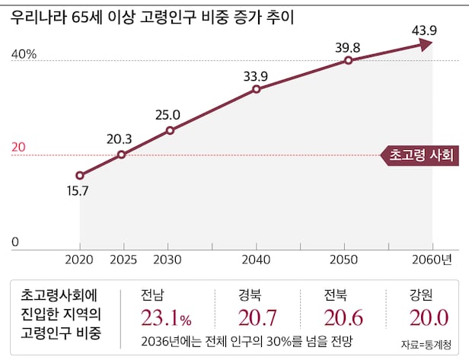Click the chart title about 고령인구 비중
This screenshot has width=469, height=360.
152,18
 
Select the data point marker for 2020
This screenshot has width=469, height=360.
80,176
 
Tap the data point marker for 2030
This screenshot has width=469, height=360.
170,130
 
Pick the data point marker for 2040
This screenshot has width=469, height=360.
257,89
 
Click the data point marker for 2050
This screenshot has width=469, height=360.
348,60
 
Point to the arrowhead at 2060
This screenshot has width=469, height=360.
425,44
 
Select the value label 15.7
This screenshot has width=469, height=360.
78,192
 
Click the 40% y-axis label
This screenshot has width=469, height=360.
24,55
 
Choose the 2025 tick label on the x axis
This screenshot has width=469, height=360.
123,260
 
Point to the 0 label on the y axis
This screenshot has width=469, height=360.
15,243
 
